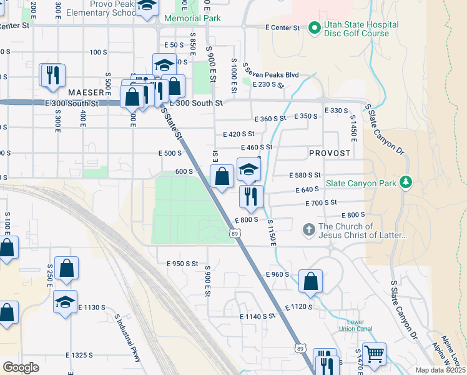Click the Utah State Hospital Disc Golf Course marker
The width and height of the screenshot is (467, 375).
tap(313, 27)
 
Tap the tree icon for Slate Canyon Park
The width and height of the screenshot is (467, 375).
tap(406, 182)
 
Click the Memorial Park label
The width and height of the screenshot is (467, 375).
tap(192, 19)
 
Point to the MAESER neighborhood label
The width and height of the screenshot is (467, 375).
tap(86, 92)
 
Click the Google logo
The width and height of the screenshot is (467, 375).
tap(21, 367)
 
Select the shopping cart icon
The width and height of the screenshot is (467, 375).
tap(374, 354)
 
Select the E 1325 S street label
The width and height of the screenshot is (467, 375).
tap(79, 355)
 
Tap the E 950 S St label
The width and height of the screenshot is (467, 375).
tap(182, 264)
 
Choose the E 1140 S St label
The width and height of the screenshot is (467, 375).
tap(257, 316)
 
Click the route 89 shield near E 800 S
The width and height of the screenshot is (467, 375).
tap(234, 233)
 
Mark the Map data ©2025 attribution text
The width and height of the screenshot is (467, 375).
tap(440, 369)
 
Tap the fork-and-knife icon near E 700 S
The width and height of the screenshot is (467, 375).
tap(251, 197)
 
